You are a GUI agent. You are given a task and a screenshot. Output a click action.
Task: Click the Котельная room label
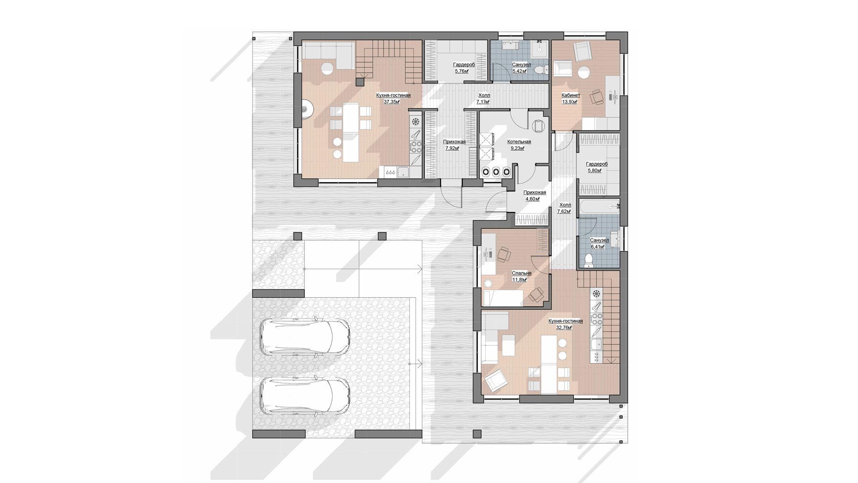click(519, 142)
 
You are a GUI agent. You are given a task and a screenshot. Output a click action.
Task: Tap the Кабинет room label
click(571, 95)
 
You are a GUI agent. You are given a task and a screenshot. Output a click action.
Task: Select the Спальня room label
click(521, 273)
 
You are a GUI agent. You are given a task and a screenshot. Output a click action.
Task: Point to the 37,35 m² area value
click(391, 102)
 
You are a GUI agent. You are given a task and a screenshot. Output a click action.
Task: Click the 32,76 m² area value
click(564, 327)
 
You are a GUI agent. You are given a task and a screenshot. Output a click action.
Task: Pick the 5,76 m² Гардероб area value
click(462, 71)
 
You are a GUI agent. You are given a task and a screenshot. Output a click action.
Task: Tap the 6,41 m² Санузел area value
click(597, 246)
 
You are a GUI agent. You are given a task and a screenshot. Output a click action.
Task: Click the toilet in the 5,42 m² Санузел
click(541, 70)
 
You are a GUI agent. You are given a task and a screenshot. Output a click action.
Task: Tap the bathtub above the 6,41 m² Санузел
click(599, 207)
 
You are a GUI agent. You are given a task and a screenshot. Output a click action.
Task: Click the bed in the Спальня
click(502, 297)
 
